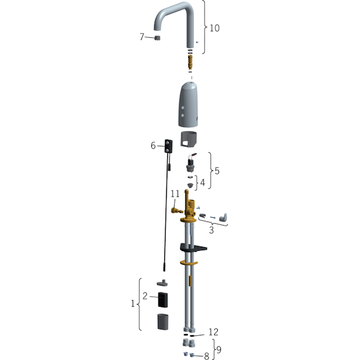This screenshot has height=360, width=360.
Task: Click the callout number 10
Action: [215, 28]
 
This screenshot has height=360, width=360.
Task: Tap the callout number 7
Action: [142, 37]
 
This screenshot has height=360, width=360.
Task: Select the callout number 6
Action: [153, 146]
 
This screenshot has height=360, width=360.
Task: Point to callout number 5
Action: [217, 171]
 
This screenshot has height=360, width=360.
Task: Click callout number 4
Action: [203, 182]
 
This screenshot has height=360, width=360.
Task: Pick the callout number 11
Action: [175, 194]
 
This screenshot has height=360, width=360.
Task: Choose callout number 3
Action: [211, 230]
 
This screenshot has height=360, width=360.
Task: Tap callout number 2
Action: [145, 296]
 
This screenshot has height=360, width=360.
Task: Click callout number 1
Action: [133, 304]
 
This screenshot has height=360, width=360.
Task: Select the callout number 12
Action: [213, 332]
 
